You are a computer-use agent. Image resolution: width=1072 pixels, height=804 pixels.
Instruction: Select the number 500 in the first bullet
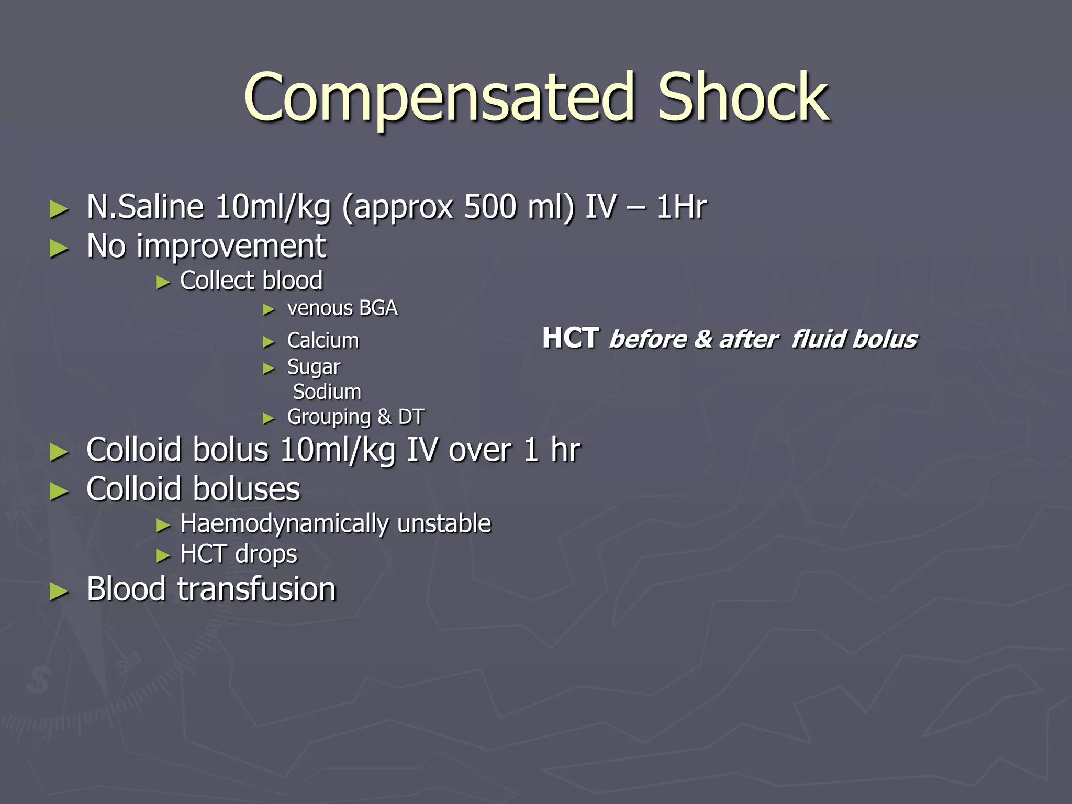pyautogui.click(x=490, y=207)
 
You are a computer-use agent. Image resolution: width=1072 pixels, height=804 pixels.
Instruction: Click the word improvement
pyautogui.click(x=231, y=246)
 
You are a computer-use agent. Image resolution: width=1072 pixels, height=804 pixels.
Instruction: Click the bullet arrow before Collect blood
pyautogui.click(x=163, y=283)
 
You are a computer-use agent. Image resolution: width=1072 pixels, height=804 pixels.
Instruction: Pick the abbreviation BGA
pyautogui.click(x=378, y=308)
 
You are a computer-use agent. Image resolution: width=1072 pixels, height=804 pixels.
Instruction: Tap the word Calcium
pyautogui.click(x=323, y=341)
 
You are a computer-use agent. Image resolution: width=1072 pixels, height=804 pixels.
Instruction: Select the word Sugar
pyautogui.click(x=314, y=367)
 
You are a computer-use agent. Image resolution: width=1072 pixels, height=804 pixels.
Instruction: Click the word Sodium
pyautogui.click(x=327, y=392)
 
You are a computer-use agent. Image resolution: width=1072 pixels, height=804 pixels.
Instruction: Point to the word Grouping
pyautogui.click(x=329, y=418)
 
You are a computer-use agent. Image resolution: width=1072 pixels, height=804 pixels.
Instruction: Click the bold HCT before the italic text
pyautogui.click(x=571, y=338)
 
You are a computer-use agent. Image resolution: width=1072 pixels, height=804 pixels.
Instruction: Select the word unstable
pyautogui.click(x=444, y=524)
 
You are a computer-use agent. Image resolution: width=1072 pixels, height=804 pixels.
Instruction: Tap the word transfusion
pyautogui.click(x=256, y=589)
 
